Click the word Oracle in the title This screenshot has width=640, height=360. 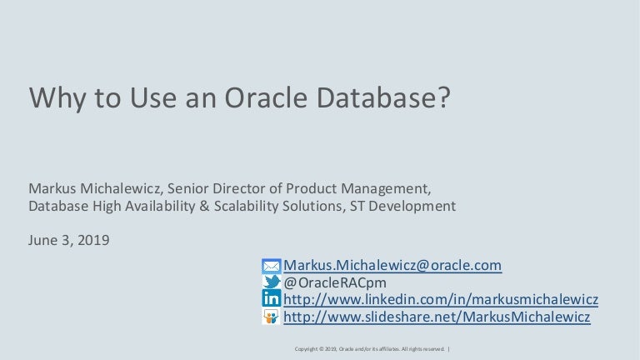coord(266,97)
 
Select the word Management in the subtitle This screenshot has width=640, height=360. coord(386,188)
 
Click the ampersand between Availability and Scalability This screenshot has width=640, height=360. coord(204,206)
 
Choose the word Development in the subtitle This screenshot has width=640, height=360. coord(412,207)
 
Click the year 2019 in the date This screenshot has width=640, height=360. coord(93,240)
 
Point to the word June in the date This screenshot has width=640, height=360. coord(42,240)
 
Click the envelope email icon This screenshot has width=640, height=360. coord(271,266)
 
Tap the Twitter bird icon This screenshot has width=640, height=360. coord(272,282)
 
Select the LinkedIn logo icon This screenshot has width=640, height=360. coord(271,298)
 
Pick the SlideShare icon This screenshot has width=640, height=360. coord(271,317)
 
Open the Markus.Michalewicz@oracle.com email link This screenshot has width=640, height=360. coord(392,265)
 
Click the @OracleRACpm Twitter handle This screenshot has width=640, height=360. coord(335,282)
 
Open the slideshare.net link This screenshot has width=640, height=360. coord(437,317)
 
